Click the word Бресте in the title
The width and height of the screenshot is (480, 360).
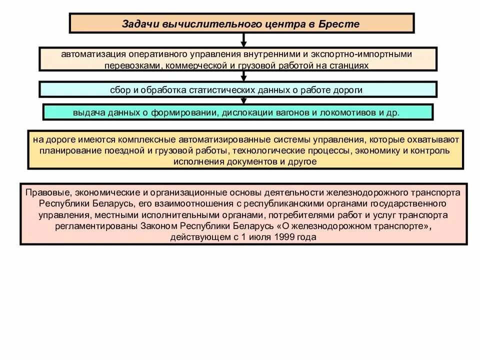(x=341, y=24)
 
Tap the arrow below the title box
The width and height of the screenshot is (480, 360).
(x=243, y=40)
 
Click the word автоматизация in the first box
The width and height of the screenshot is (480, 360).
(x=92, y=53)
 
